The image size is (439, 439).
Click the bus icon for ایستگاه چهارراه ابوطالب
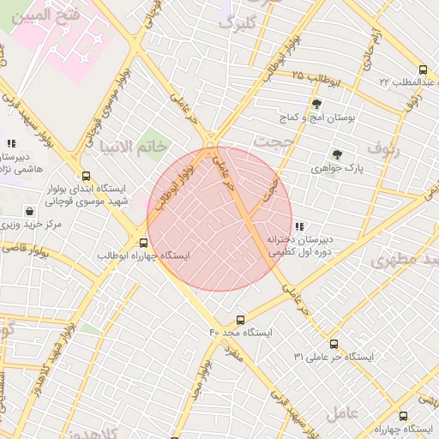click(143, 243)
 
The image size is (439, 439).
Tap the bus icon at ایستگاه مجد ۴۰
click(240, 319)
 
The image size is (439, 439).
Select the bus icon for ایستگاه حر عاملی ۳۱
click(381, 344)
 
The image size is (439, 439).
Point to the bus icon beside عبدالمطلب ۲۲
click(422, 69)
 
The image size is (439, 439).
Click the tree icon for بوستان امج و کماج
click(317, 104)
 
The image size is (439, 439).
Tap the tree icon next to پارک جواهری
click(338, 155)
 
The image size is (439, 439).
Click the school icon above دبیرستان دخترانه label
click(299, 227)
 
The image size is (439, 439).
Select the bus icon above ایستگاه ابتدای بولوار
click(83, 175)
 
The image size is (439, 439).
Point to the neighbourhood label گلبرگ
click(238, 23)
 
